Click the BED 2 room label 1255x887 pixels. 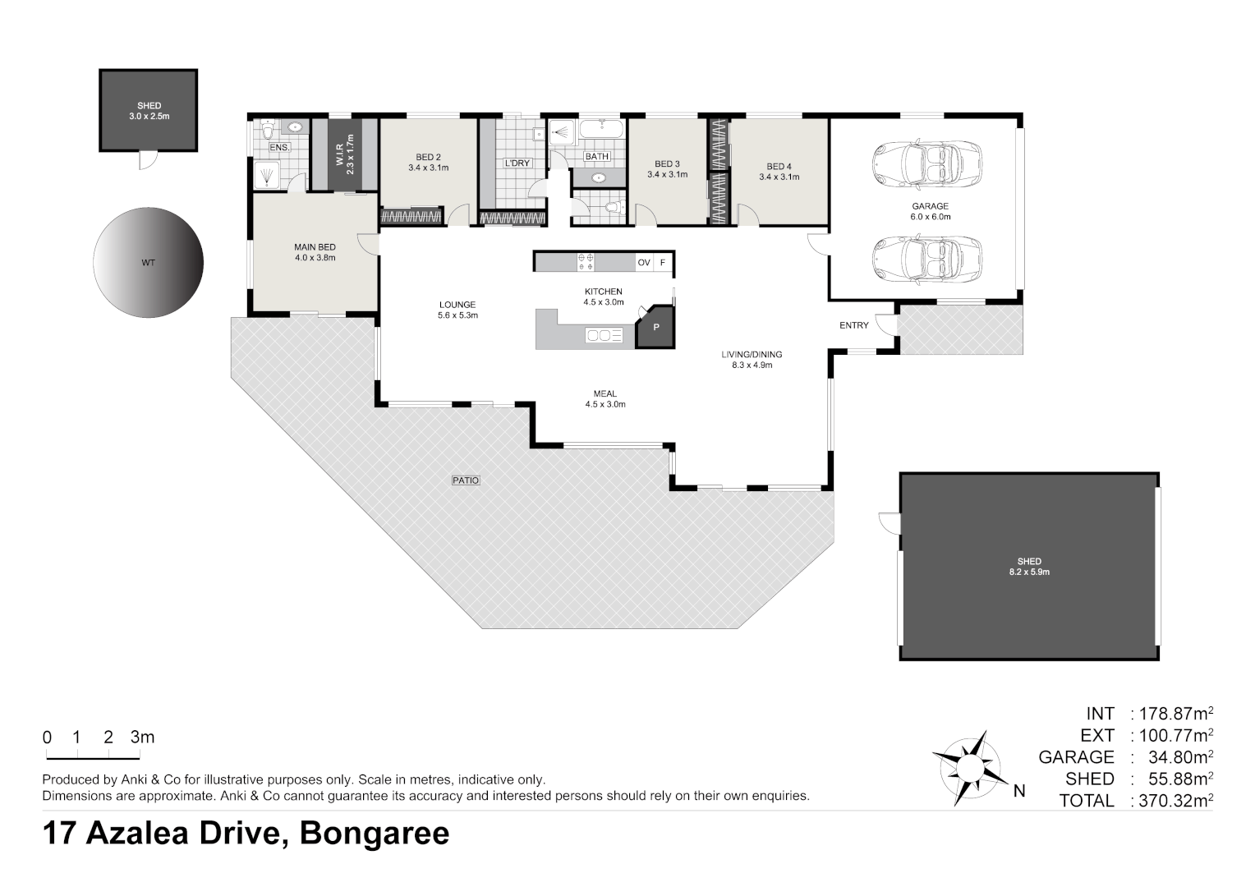(428, 158)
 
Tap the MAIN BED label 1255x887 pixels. (315, 247)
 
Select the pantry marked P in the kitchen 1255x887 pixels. (655, 327)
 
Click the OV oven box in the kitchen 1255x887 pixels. (644, 262)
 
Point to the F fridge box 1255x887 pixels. (663, 262)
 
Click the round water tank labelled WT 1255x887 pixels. (149, 263)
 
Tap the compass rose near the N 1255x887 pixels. (970, 768)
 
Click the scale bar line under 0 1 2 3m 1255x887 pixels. (93, 759)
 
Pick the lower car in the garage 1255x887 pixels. (926, 259)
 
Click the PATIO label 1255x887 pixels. (466, 480)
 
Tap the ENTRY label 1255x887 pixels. (854, 325)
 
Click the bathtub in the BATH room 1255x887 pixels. (601, 129)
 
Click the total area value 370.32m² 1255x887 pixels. (1172, 800)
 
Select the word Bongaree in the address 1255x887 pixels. (375, 834)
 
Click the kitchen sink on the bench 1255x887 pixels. (604, 335)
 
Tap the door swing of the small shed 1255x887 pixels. (149, 161)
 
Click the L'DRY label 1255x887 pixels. (517, 163)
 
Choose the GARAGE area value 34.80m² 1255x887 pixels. (1180, 757)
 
